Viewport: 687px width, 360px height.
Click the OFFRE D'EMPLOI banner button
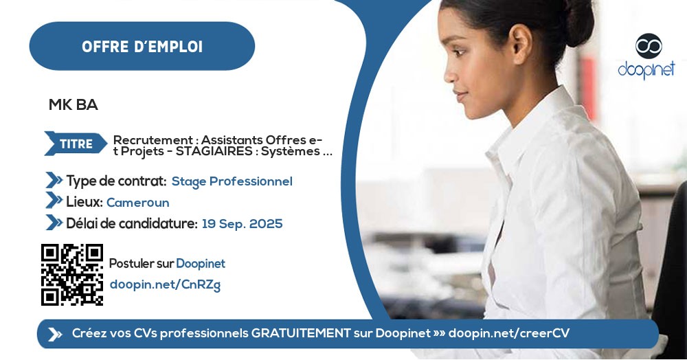[x=142, y=46]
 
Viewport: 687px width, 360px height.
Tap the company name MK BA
[x=74, y=105]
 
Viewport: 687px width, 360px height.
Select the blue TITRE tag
[x=76, y=144]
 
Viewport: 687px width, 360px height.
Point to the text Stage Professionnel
[x=232, y=181]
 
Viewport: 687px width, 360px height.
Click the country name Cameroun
[x=137, y=203]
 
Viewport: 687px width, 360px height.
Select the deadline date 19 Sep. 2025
[x=242, y=224]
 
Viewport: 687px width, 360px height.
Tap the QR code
[x=72, y=274]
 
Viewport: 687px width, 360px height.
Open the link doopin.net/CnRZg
[x=165, y=285]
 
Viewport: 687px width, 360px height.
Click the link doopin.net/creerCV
[x=508, y=333]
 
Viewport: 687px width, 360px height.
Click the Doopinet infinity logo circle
[x=648, y=46]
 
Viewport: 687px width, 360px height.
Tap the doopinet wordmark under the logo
[x=646, y=69]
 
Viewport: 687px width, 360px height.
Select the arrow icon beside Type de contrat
[x=54, y=181]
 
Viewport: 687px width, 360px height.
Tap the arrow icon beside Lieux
[x=54, y=201]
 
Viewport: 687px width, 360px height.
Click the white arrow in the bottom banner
[x=54, y=334]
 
